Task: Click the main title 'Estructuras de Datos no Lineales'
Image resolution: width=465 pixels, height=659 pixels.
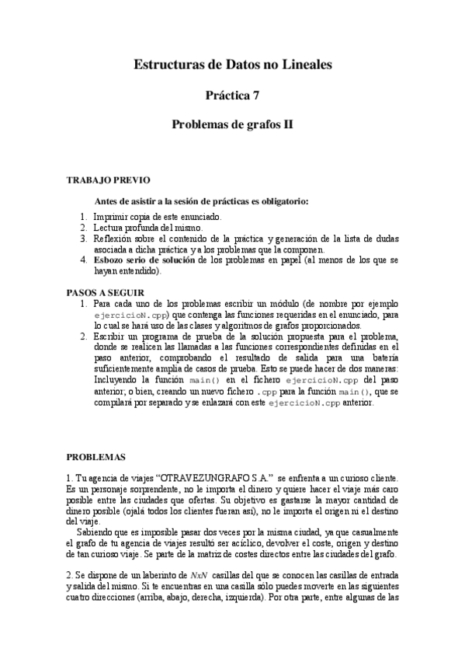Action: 233,66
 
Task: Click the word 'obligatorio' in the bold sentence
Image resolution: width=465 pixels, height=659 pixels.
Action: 283,200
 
